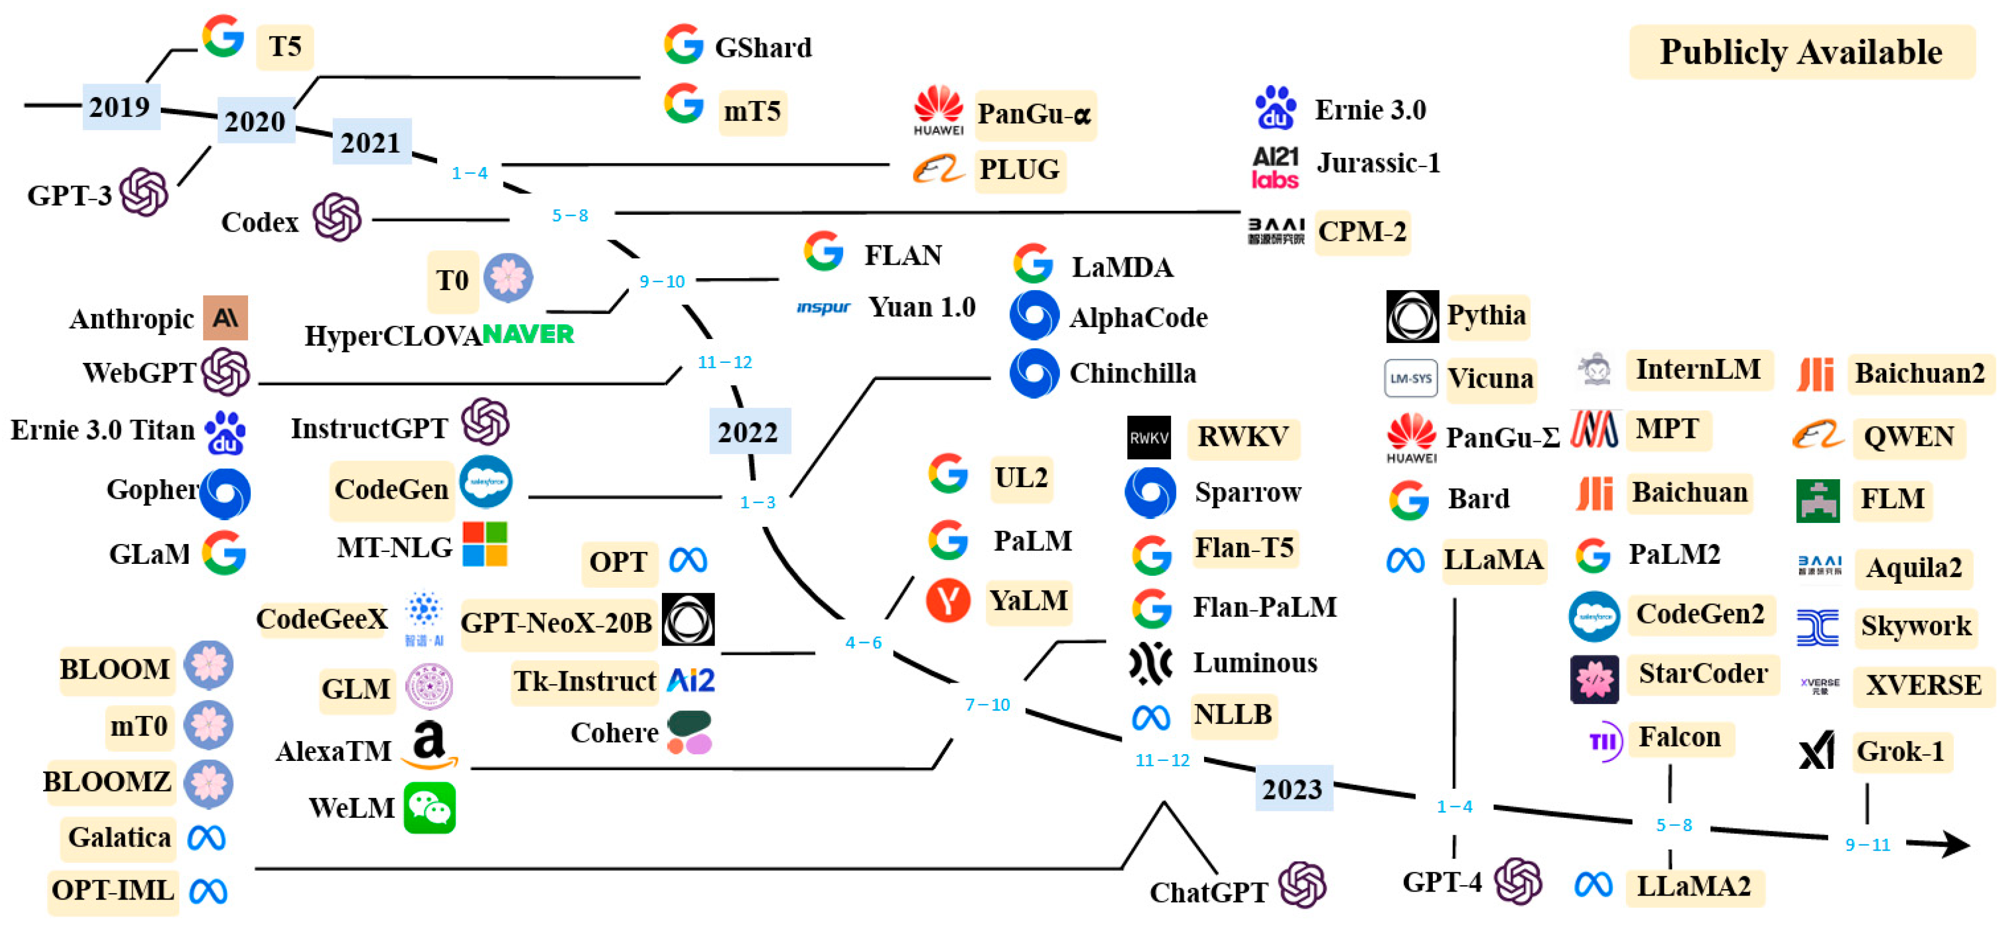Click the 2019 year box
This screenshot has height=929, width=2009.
(119, 106)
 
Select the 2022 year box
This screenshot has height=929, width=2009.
(748, 432)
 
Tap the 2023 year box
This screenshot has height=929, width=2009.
(1292, 789)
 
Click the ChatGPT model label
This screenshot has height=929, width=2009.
(1208, 892)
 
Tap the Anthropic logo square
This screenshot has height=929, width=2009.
(225, 317)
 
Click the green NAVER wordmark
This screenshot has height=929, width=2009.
(528, 334)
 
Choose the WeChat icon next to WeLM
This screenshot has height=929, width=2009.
(429, 808)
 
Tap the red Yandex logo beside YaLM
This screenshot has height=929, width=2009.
(947, 601)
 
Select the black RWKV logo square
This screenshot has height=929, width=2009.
(1149, 438)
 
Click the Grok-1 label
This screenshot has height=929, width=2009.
(1901, 751)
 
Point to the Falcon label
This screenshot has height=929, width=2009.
(1679, 737)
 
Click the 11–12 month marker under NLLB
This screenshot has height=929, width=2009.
(1162, 760)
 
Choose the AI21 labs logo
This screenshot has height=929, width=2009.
(1275, 168)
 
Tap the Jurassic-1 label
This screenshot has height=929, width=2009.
(1378, 163)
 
